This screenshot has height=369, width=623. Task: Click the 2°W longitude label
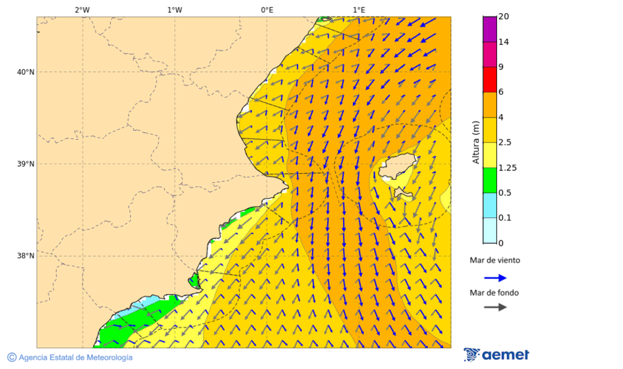click(82, 10)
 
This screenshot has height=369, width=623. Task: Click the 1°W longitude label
click(174, 10)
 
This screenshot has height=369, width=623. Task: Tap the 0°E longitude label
click(267, 10)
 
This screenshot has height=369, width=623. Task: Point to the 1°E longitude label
click(359, 10)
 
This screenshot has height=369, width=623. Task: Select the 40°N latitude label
click(26, 72)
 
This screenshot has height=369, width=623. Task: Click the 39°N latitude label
click(26, 164)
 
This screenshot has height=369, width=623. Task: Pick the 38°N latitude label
click(26, 256)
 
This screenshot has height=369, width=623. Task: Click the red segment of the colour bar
click(489, 79)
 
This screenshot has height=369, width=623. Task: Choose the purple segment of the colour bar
click(489, 29)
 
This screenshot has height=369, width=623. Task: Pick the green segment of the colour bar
click(489, 180)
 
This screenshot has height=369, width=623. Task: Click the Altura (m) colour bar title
click(476, 142)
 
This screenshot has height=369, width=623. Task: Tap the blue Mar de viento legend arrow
click(495, 278)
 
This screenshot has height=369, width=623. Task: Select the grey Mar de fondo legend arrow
click(495, 307)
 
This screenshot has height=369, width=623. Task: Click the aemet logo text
click(505, 355)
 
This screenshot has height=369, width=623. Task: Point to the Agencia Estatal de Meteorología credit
click(75, 358)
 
